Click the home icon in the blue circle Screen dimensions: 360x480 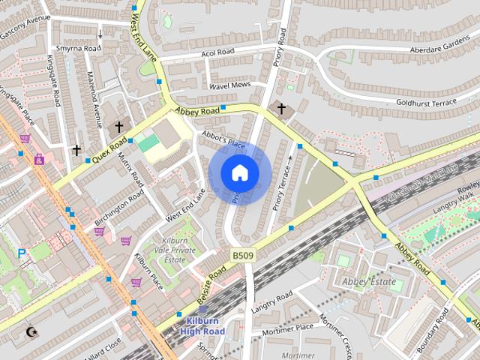239,173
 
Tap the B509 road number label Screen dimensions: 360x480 241,256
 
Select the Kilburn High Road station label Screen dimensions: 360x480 202,326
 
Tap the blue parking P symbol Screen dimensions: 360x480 22,253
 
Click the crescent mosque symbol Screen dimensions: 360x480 31,331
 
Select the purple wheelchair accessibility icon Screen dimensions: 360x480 39,159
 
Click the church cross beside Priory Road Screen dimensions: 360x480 281,109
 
